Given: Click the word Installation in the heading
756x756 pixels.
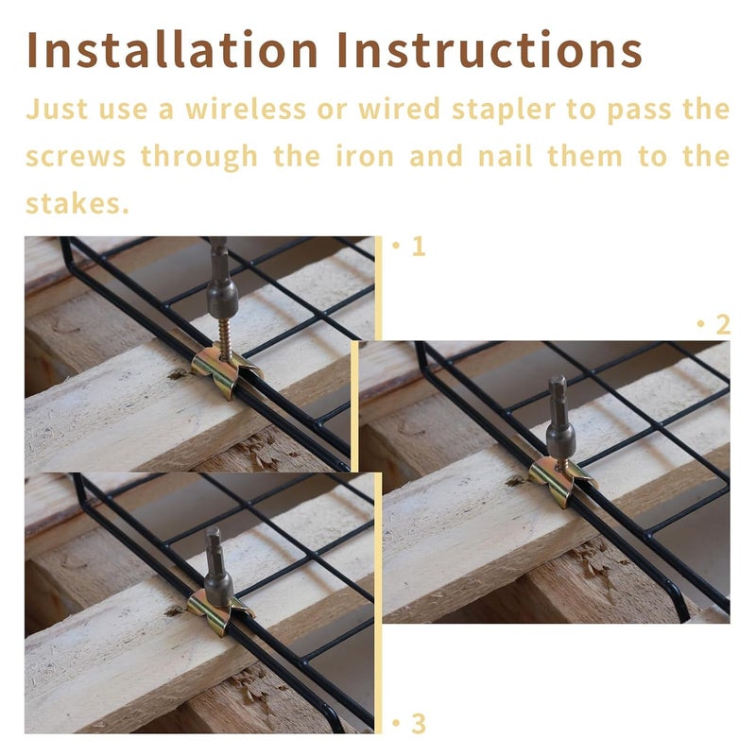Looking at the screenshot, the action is (x=172, y=49).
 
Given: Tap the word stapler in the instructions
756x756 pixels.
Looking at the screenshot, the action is (x=504, y=110).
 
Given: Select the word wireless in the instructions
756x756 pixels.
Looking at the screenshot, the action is (x=246, y=109).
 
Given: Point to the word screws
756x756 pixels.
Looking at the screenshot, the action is (x=76, y=158).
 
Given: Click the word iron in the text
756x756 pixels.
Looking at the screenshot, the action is (x=365, y=156).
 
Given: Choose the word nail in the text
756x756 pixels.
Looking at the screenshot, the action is (x=506, y=156).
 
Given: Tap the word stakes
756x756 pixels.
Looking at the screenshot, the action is (x=77, y=203).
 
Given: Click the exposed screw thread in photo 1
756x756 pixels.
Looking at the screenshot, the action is (x=224, y=335).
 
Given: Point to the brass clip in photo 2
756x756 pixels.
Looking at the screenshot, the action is (x=562, y=481).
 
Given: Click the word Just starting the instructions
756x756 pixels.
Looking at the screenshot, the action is (x=57, y=109).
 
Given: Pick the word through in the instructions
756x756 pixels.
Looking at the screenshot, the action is (x=199, y=157).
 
